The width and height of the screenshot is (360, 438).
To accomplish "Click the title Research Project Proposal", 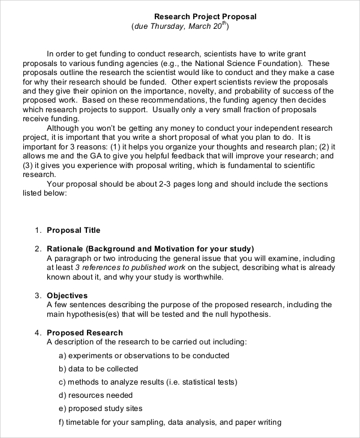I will coord(205,17).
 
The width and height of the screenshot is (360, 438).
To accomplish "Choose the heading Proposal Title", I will coord(74,230).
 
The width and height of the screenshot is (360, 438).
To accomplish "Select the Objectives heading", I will coord(67,296).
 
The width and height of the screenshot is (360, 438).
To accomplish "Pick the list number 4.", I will coord(38,333).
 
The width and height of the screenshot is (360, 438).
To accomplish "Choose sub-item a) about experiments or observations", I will coord(144,356).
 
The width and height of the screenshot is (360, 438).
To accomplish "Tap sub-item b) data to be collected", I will coord(99,369).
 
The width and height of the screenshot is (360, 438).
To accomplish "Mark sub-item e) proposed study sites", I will coord(101,409).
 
